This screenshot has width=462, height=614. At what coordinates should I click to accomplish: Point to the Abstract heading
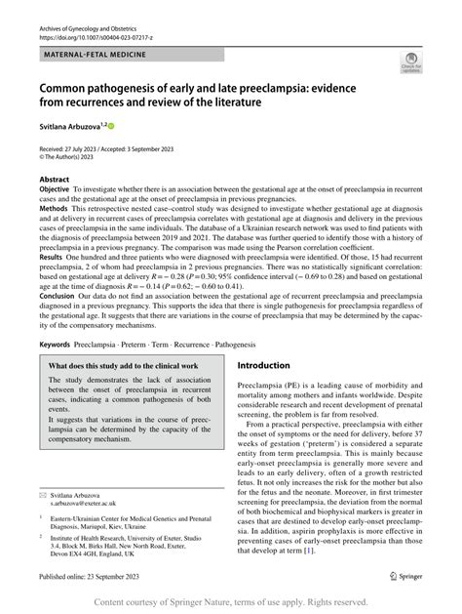54,181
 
